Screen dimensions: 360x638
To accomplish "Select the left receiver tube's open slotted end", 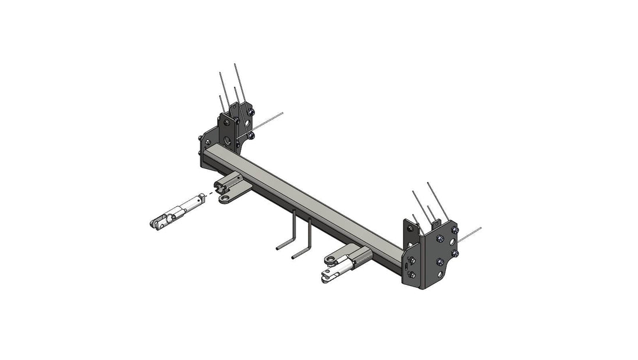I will (x=221, y=186).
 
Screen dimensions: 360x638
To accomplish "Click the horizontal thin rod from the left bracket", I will (x=268, y=122).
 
